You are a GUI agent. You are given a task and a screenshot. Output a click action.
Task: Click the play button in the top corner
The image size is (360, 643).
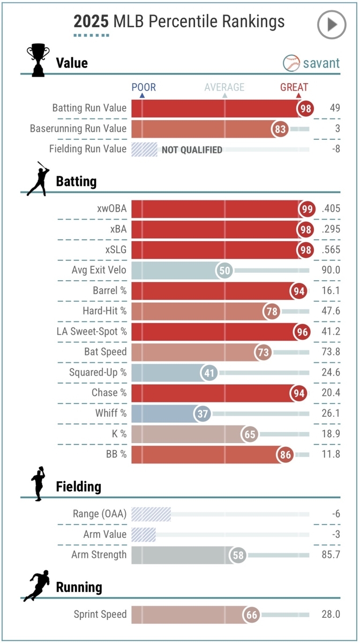(x=332, y=24)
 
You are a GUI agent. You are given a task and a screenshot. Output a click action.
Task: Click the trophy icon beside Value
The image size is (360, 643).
(x=37, y=60)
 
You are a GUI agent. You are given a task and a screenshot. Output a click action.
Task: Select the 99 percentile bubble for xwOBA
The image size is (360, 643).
(x=307, y=209)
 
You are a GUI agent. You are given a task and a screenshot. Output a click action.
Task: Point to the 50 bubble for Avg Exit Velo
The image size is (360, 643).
(x=224, y=270)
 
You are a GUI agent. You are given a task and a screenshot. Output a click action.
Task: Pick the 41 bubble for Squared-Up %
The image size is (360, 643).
(x=209, y=372)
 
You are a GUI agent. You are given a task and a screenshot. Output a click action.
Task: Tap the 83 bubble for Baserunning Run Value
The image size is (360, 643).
(x=280, y=129)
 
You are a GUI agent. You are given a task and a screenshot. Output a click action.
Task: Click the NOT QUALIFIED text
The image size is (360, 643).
(x=192, y=150)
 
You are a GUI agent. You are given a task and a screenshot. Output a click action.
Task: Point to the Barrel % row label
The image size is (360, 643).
(x=109, y=290)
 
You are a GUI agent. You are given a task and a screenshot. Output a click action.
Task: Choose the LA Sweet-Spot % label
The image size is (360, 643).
(x=92, y=332)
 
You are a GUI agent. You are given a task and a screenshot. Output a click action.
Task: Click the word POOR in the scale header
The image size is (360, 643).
(x=144, y=87)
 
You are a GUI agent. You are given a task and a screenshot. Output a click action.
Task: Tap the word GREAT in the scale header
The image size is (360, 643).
(x=294, y=87)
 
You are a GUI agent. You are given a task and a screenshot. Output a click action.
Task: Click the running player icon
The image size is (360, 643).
(x=36, y=586)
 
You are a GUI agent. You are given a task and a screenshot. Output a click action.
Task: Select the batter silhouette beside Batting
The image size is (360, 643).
(x=37, y=179)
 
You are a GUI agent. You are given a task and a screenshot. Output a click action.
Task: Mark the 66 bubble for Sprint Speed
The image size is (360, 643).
(x=252, y=615)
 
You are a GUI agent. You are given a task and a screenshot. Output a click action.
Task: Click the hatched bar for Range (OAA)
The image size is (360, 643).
(x=151, y=514)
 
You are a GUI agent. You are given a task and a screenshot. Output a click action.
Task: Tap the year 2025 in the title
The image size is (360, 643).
(x=91, y=21)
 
